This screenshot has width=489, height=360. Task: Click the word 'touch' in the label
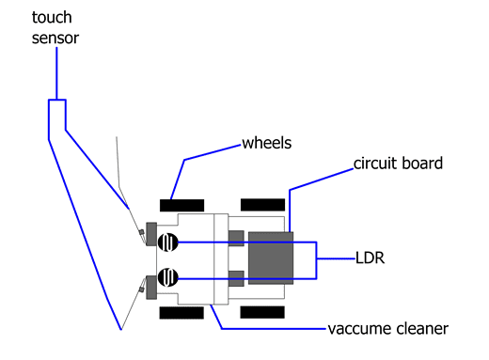[x=52, y=18]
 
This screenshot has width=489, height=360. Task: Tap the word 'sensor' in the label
[x=55, y=39]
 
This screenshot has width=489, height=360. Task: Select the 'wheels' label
[x=267, y=143]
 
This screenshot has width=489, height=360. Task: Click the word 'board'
[x=422, y=164]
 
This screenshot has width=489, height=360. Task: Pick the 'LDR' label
[x=370, y=258]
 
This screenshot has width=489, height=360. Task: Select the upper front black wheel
[x=181, y=206]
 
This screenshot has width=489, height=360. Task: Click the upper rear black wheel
[x=262, y=205]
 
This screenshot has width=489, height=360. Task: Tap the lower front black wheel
[x=181, y=313]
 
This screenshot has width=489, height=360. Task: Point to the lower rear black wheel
[x=262, y=312]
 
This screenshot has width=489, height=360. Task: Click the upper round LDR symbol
[x=168, y=243]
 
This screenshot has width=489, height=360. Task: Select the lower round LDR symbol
[x=168, y=277]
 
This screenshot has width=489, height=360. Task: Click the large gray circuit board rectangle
[x=271, y=258]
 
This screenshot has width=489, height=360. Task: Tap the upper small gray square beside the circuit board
[x=236, y=239]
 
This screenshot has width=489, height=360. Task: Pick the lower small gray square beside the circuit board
[x=236, y=278]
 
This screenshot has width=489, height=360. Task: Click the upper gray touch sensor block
[x=151, y=234]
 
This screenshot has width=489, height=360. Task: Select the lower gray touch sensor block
[x=151, y=288]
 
